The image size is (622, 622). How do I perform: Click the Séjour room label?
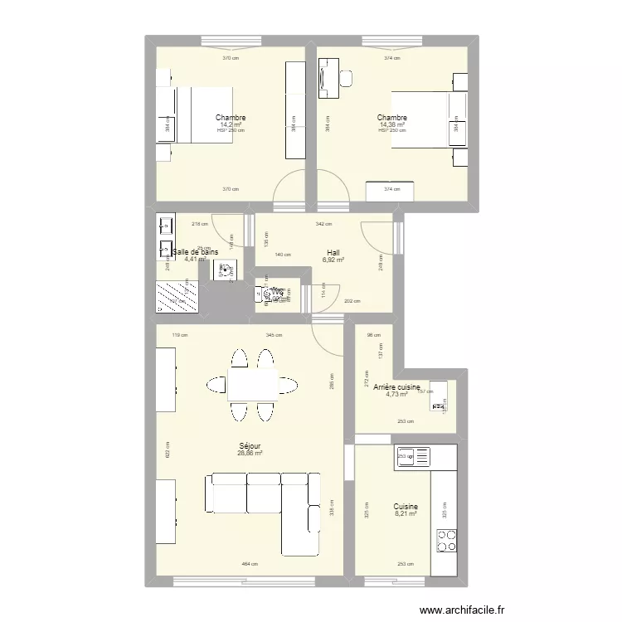pyautogui.click(x=249, y=445)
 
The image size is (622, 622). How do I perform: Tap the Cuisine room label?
pyautogui.click(x=406, y=506)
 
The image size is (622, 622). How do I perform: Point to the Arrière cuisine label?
pyautogui.click(x=397, y=387)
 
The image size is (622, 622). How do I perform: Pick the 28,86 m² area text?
pyautogui.click(x=249, y=454)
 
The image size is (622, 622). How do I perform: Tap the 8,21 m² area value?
pyautogui.click(x=406, y=514)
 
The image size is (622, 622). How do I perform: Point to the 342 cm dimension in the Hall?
pyautogui.click(x=323, y=224)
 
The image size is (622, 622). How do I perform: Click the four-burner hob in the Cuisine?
pyautogui.click(x=448, y=540)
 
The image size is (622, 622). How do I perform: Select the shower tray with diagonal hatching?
pyautogui.click(x=177, y=295)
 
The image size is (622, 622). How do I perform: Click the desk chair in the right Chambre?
pyautogui.click(x=346, y=78)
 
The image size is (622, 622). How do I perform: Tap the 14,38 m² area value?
pyautogui.click(x=392, y=125)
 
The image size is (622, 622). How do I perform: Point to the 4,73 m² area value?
pyautogui.click(x=396, y=395)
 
